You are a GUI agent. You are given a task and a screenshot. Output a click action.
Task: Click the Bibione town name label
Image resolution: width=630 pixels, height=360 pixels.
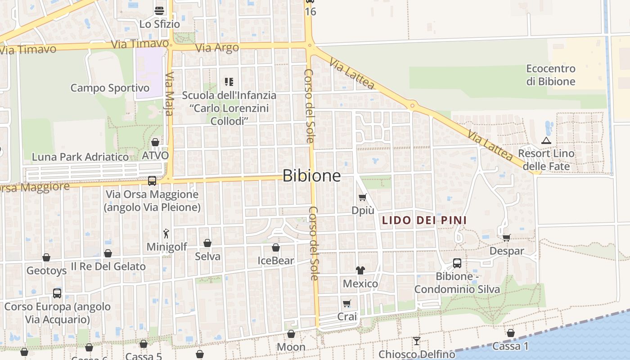[x=311, y=175]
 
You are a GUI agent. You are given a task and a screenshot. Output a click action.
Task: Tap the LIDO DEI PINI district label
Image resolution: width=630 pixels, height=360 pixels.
[x=423, y=220]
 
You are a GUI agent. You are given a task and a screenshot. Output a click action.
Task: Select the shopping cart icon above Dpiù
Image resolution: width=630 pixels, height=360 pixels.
[x=362, y=197]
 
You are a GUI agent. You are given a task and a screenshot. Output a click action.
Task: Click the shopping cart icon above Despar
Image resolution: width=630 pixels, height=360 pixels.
[x=506, y=238]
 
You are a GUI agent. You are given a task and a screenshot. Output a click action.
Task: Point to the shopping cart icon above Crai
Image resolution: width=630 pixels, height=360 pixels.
[x=346, y=303]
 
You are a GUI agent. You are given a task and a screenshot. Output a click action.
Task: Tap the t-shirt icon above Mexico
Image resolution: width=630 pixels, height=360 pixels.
[x=360, y=270]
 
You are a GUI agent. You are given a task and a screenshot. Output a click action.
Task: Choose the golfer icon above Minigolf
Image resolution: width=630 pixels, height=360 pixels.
[x=166, y=234]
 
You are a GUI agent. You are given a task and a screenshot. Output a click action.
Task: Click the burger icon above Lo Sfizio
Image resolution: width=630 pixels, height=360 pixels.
[x=159, y=10]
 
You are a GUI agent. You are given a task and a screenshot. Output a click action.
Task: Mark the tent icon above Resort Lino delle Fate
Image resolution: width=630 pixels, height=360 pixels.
[x=546, y=140]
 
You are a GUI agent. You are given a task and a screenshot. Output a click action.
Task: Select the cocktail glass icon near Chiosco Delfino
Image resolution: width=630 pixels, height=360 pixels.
[x=417, y=341]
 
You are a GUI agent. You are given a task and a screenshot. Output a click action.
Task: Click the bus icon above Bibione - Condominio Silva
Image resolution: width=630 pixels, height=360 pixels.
[x=457, y=263]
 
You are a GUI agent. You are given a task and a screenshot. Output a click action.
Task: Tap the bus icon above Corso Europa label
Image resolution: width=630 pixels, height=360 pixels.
[x=57, y=293]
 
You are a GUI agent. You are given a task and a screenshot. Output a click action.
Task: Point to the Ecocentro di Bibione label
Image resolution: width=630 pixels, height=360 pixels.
[x=551, y=75]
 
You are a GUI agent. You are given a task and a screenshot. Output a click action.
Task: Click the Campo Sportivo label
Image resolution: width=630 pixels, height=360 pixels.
[x=110, y=88]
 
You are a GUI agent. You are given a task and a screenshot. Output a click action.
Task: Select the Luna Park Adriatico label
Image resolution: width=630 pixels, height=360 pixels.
[x=80, y=157]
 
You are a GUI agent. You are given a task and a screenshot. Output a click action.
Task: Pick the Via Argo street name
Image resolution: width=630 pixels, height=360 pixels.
[x=217, y=48]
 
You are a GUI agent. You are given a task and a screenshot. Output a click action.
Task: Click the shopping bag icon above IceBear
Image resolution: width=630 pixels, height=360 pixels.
[x=276, y=247]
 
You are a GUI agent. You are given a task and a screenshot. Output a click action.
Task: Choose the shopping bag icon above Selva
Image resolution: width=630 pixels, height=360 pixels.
[x=207, y=243]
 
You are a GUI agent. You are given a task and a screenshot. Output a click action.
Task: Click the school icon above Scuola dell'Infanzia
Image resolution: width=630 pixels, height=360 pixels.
[x=229, y=82]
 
